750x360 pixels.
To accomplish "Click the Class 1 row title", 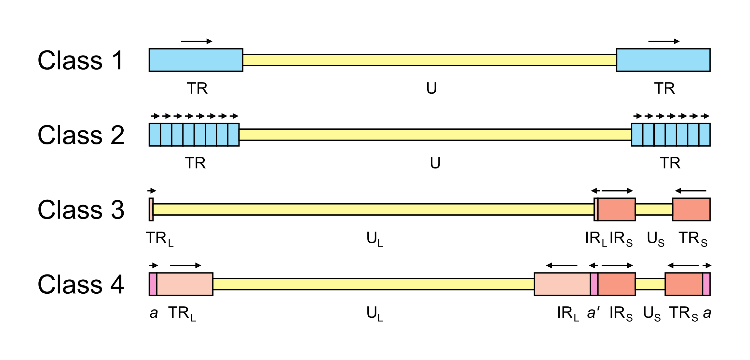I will pos(80,60).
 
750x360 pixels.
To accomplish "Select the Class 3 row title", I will pos(81,210).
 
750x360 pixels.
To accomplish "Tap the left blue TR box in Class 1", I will pos(196,60).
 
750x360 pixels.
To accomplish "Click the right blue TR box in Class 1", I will pos(663,60).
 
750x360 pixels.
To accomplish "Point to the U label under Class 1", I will pos(431,88).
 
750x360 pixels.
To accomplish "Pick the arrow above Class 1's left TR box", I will pos(197,41).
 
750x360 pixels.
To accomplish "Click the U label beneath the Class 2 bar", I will pos(435,163).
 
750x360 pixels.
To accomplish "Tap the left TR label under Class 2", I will pos(196,163).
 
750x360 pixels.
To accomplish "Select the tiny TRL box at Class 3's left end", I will pos(151,209).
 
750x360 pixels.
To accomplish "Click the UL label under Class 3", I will pos(375,239).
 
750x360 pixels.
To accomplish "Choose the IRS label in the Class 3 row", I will pos(621,239).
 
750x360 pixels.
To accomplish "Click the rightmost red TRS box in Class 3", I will pos(691,209).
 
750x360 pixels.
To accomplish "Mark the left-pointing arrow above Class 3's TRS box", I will pos(690,191).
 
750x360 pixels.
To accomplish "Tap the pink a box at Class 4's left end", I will pos(153,284).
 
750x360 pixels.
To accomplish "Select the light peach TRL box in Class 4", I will pos(185,284).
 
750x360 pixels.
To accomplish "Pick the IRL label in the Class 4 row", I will pos(568,313).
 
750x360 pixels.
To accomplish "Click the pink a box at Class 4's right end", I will pos(706,284).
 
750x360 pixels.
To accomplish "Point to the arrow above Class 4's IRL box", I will pos(562,266).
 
